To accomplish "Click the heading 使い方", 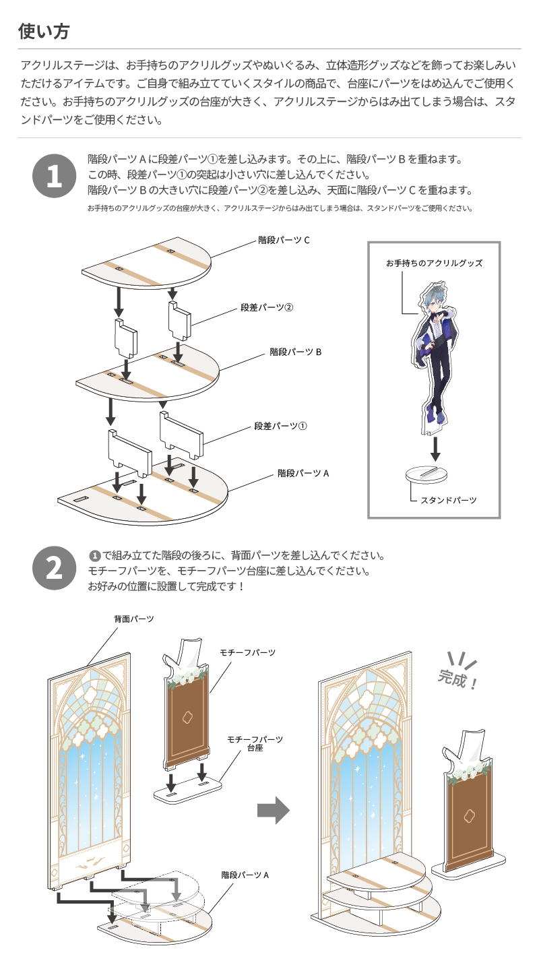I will pos(43,31).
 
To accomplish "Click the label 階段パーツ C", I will pos(284,240).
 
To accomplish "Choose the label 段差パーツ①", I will pos(280,426).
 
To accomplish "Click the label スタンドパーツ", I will pos(448,500).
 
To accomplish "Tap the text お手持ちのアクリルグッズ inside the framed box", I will pos(434,263).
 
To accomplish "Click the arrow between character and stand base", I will pos(436,448).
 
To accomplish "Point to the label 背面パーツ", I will pos(134,618).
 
